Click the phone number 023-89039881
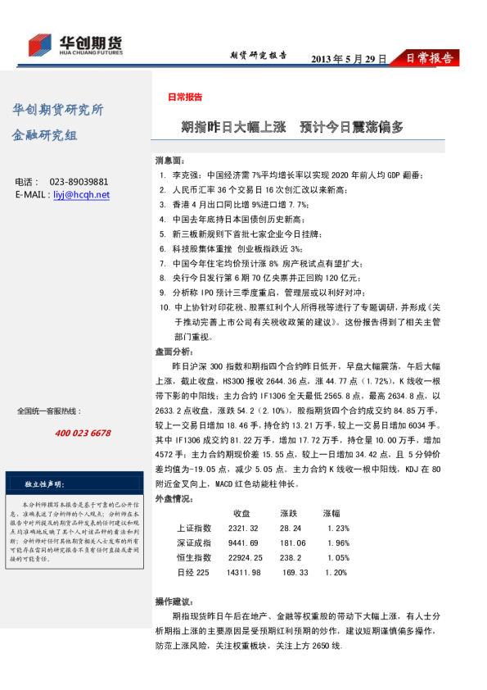coord(79,182)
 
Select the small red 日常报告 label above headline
coord(185,98)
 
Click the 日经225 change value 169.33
coord(294,572)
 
